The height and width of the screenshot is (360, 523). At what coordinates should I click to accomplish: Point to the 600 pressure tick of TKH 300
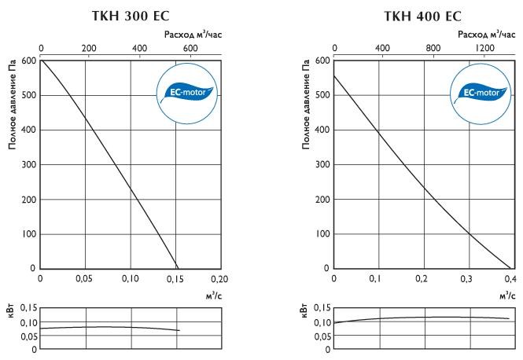pyautogui.click(x=29, y=61)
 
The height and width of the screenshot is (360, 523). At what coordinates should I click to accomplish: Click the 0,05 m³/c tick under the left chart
pyautogui.click(x=85, y=279)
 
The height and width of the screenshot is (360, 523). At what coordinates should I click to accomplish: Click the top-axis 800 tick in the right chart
pyautogui.click(x=433, y=48)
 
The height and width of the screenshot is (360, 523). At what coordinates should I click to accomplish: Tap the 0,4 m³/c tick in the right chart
pyautogui.click(x=509, y=279)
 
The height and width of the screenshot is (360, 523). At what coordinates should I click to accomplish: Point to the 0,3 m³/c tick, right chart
pyautogui.click(x=467, y=279)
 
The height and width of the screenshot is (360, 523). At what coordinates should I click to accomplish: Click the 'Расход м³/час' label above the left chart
pyautogui.click(x=194, y=35)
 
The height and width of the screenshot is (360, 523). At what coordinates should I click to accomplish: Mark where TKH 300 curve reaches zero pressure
pyautogui.click(x=178, y=268)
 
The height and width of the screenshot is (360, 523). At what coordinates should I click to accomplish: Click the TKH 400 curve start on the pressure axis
pyautogui.click(x=335, y=75)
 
